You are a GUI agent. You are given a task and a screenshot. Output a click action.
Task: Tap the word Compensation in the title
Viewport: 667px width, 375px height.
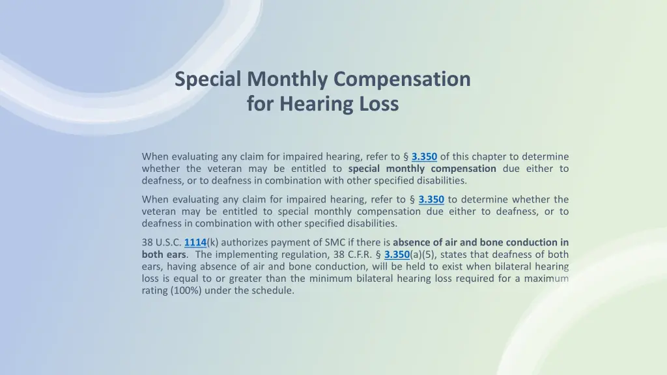click(x=402, y=79)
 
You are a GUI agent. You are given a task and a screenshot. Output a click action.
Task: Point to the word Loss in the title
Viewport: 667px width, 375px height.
click(x=378, y=104)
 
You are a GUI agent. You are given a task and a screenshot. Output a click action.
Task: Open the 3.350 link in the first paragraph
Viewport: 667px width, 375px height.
click(x=424, y=156)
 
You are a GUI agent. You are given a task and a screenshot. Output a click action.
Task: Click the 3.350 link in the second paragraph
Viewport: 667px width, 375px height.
click(x=431, y=199)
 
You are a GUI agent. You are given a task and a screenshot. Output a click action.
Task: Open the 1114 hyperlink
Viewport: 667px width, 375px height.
click(x=195, y=242)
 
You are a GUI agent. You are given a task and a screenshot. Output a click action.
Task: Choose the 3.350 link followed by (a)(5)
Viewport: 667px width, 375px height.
click(x=397, y=255)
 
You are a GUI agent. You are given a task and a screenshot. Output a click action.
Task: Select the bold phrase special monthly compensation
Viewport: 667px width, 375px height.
click(x=422, y=169)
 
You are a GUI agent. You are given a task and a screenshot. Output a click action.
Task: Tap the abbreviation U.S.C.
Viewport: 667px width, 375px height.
click(x=169, y=242)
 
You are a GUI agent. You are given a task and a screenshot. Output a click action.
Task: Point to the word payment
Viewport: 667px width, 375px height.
click(x=289, y=242)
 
